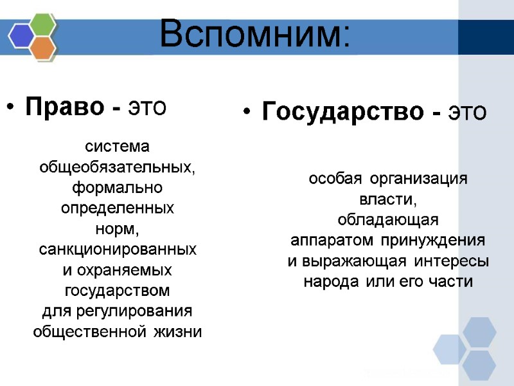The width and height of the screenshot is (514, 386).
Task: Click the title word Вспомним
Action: point(254,33)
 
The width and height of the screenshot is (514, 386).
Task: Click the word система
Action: point(117,146)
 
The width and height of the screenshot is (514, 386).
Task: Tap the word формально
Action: point(117,188)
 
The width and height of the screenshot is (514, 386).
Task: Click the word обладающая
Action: point(387,220)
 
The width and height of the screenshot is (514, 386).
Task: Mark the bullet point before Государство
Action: point(247,114)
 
